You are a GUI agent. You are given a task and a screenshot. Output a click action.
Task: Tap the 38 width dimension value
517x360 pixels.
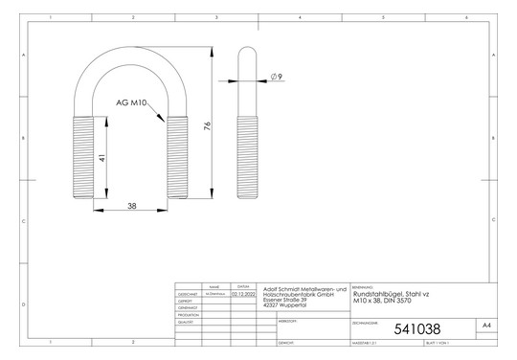[132, 205]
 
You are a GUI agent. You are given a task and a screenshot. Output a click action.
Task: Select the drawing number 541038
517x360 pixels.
[417, 326]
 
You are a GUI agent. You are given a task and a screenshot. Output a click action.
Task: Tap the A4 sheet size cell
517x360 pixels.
[487, 326]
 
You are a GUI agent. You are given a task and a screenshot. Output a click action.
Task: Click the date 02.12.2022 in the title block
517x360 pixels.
[243, 294]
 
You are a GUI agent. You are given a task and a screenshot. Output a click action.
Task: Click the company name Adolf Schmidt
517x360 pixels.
[286, 291]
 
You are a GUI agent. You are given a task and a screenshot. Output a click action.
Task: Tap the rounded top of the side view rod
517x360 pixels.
[244, 57]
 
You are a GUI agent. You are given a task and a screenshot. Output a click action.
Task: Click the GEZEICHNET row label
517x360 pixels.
[189, 294]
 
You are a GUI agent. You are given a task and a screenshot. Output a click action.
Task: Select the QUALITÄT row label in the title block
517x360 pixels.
[188, 321]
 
